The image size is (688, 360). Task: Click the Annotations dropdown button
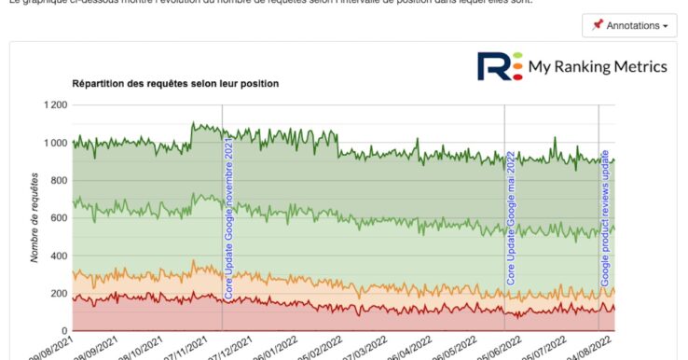(629, 26)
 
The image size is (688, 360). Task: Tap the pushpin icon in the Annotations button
(598, 26)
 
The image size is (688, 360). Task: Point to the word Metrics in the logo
(637, 66)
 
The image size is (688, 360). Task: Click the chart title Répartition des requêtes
(175, 84)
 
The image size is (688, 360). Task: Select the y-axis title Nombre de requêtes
(34, 216)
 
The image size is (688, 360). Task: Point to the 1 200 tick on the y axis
(54, 105)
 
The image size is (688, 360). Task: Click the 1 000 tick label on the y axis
(54, 143)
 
